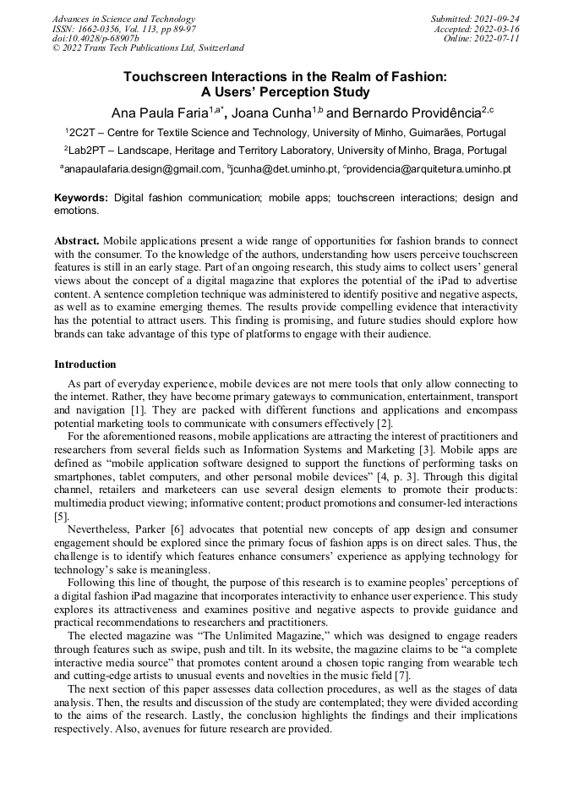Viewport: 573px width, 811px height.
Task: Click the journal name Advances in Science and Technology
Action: (123, 19)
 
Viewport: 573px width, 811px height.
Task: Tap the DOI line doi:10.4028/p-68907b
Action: (95, 38)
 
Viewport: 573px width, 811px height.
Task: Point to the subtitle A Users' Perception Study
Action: (286, 92)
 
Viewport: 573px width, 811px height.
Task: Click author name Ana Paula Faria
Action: (160, 113)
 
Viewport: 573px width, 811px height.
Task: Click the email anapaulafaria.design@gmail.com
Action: (143, 169)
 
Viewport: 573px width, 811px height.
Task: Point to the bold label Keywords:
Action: (81, 198)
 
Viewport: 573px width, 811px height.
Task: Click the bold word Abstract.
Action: (77, 241)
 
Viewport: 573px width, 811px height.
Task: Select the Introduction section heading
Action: (85, 364)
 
